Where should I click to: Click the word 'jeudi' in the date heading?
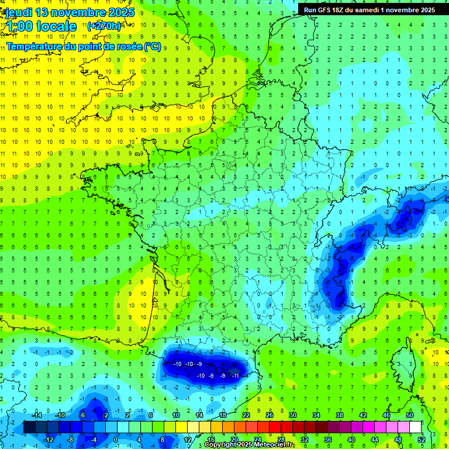coord(19,12)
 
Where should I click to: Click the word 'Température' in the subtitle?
coord(36,47)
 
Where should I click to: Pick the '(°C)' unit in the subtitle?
coord(153,47)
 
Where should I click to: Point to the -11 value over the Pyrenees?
coord(236,375)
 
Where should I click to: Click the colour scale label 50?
coord(410,415)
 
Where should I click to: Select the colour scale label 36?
coord(328,440)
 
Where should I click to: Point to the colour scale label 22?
coord(246,415)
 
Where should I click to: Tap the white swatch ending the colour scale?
coord(416,427)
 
